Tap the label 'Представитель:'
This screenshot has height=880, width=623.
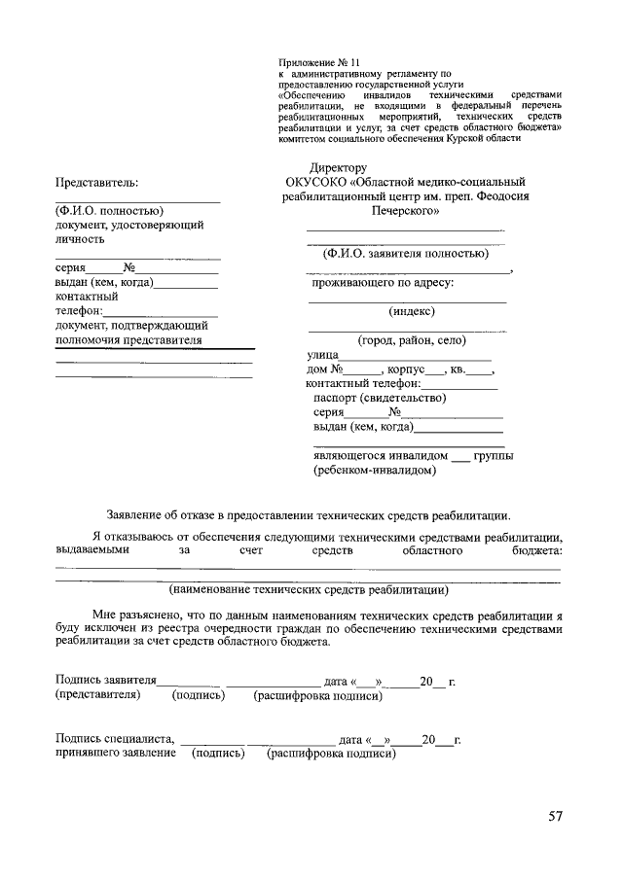click(x=96, y=182)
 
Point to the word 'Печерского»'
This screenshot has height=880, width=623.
click(x=405, y=209)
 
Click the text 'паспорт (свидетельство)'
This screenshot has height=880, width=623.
click(x=379, y=398)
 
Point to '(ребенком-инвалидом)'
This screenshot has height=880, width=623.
click(x=375, y=470)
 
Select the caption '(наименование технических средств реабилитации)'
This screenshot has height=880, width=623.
click(x=308, y=589)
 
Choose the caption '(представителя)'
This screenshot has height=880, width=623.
click(x=97, y=695)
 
